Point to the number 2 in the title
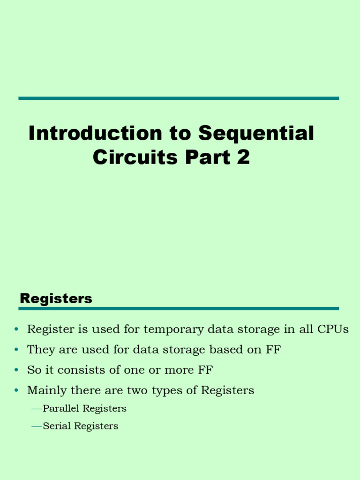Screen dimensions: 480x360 click(243, 157)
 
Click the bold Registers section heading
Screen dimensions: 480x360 click(56, 299)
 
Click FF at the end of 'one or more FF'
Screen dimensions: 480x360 click(205, 370)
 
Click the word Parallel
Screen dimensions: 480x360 click(61, 409)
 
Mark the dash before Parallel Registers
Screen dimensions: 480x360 click(37, 409)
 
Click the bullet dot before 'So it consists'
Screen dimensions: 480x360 click(16, 370)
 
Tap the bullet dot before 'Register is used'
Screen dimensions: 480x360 click(16, 330)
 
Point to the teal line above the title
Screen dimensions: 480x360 click(179, 98)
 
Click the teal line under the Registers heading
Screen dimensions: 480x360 click(179, 309)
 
